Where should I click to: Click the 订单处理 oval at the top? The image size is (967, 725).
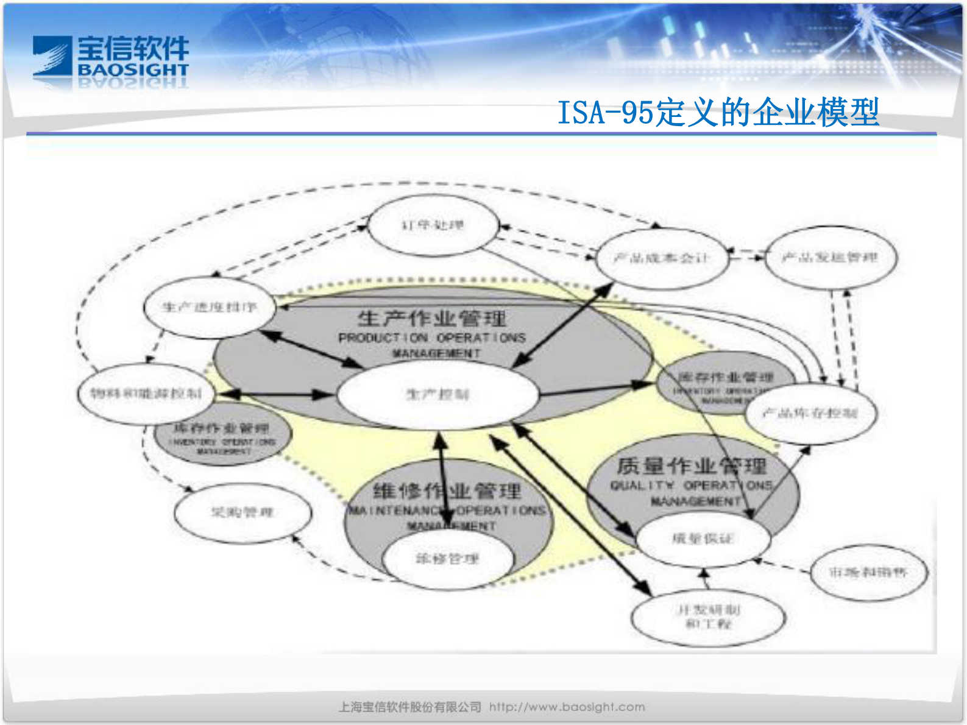433,226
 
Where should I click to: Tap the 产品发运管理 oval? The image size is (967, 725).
830,258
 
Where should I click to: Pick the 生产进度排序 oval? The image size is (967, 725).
209,307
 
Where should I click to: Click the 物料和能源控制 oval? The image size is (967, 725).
146,394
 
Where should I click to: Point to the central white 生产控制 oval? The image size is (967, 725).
437,395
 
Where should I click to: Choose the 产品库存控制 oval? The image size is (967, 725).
810,414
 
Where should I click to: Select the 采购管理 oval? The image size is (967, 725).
242,512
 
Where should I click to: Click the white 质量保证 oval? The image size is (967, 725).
703,539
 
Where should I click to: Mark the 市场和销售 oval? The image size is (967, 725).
868,572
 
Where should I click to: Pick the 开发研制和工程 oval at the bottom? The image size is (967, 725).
708,617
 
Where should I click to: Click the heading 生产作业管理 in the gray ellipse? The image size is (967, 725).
431,318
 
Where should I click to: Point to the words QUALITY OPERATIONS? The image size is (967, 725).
692,486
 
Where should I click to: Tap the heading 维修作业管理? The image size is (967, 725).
447,490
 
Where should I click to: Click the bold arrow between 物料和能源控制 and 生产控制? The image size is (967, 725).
274,395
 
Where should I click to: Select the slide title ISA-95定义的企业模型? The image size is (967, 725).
718,112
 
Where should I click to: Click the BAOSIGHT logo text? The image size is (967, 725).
133,70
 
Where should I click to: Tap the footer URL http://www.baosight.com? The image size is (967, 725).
567,707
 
